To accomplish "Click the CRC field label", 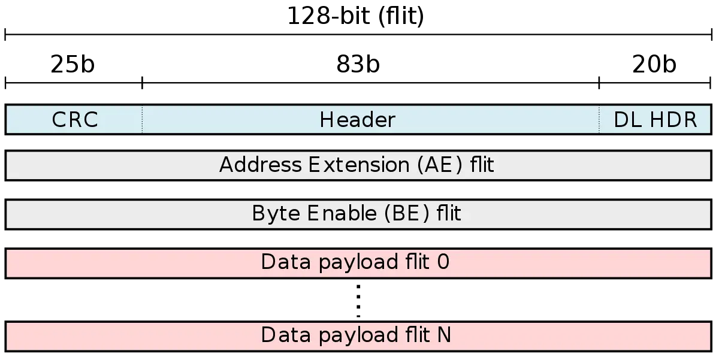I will pos(75,120).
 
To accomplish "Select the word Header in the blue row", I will pos(357,120).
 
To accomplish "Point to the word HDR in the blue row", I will pos(673,120).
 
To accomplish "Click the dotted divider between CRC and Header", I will pos(143,120).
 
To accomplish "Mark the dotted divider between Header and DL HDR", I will pos(599,120).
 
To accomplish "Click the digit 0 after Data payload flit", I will pos(444,263).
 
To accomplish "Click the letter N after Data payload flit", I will pos(444,335).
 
